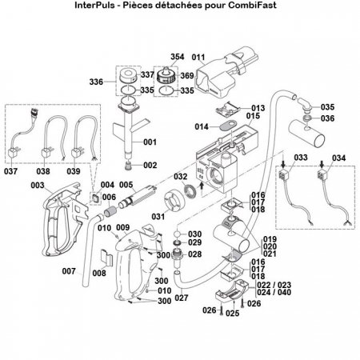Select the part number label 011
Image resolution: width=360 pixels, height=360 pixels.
tap(199, 58)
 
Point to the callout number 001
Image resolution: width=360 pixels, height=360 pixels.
tap(150, 142)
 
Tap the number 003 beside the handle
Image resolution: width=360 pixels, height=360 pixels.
tap(37, 185)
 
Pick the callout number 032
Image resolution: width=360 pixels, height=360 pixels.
tap(182, 176)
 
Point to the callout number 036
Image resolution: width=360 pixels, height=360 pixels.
tap(329, 119)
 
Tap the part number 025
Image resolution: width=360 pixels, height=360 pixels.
tap(232, 314)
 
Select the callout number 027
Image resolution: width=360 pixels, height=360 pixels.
tap(182, 298)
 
